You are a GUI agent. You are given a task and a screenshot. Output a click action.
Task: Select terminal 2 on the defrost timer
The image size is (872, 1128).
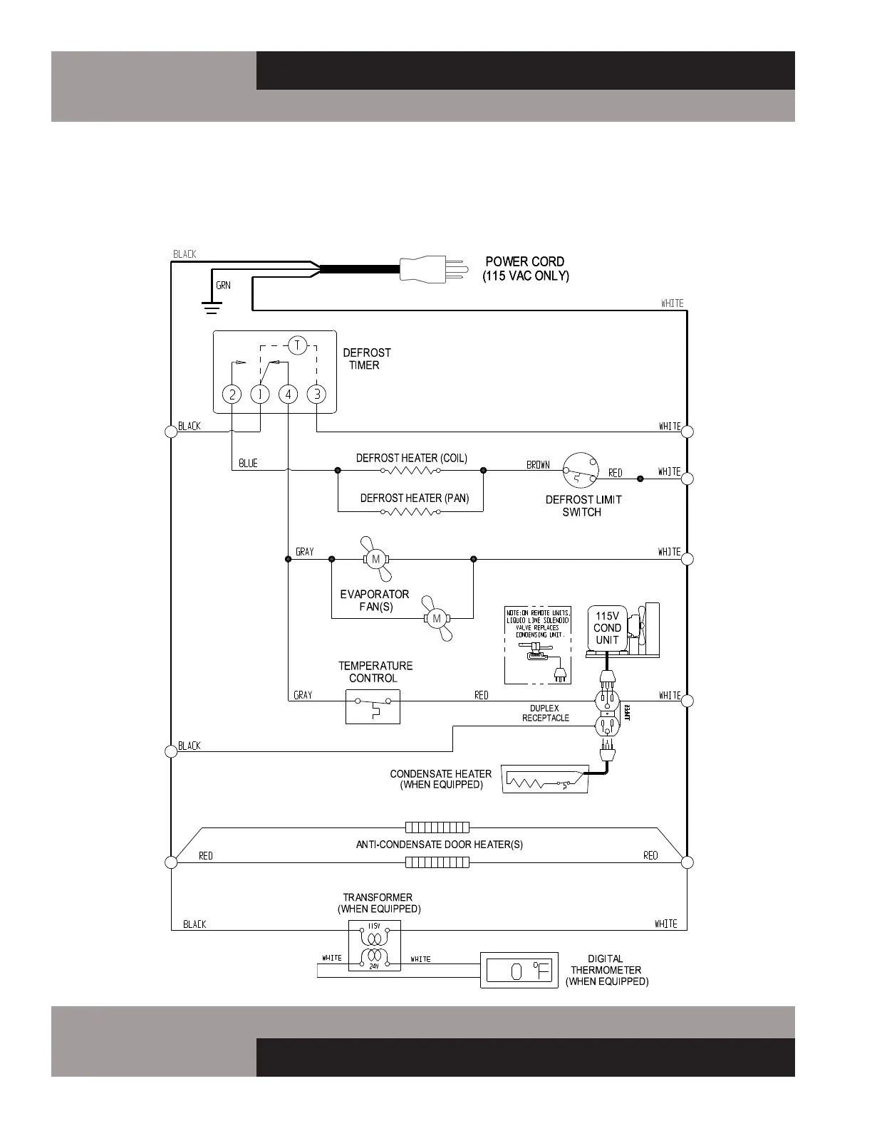[232, 394]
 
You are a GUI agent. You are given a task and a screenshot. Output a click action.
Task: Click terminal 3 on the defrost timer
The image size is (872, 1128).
[316, 394]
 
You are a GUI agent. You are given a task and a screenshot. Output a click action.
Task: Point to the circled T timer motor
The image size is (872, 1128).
[297, 346]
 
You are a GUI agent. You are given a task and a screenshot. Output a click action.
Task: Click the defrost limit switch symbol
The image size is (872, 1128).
[580, 470]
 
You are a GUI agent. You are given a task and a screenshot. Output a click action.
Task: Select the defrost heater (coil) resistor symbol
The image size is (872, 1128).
[410, 470]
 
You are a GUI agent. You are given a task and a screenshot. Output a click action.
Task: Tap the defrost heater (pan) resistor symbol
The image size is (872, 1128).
[410, 511]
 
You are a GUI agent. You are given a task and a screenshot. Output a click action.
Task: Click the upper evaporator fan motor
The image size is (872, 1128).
[375, 559]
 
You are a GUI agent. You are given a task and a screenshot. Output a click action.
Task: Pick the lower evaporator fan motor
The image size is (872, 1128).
[437, 618]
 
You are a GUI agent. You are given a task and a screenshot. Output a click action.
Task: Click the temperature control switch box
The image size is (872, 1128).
[373, 706]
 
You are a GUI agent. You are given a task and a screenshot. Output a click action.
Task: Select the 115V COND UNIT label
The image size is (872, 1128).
[607, 628]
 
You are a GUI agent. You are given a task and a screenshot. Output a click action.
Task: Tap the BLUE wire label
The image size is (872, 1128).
[248, 464]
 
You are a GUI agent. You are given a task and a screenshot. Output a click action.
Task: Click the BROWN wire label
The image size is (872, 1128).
[538, 465]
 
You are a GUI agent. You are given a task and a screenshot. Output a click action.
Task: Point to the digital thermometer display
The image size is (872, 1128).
[519, 970]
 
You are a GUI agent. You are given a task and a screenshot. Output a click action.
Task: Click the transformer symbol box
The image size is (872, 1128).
[374, 946]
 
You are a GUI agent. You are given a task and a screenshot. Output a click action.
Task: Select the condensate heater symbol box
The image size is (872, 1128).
[545, 779]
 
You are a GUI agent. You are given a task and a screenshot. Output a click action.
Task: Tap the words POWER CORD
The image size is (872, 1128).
[524, 261]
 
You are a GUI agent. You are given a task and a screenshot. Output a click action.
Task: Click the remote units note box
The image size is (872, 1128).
[538, 645]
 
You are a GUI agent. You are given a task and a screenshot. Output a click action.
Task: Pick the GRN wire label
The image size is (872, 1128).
[223, 286]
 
